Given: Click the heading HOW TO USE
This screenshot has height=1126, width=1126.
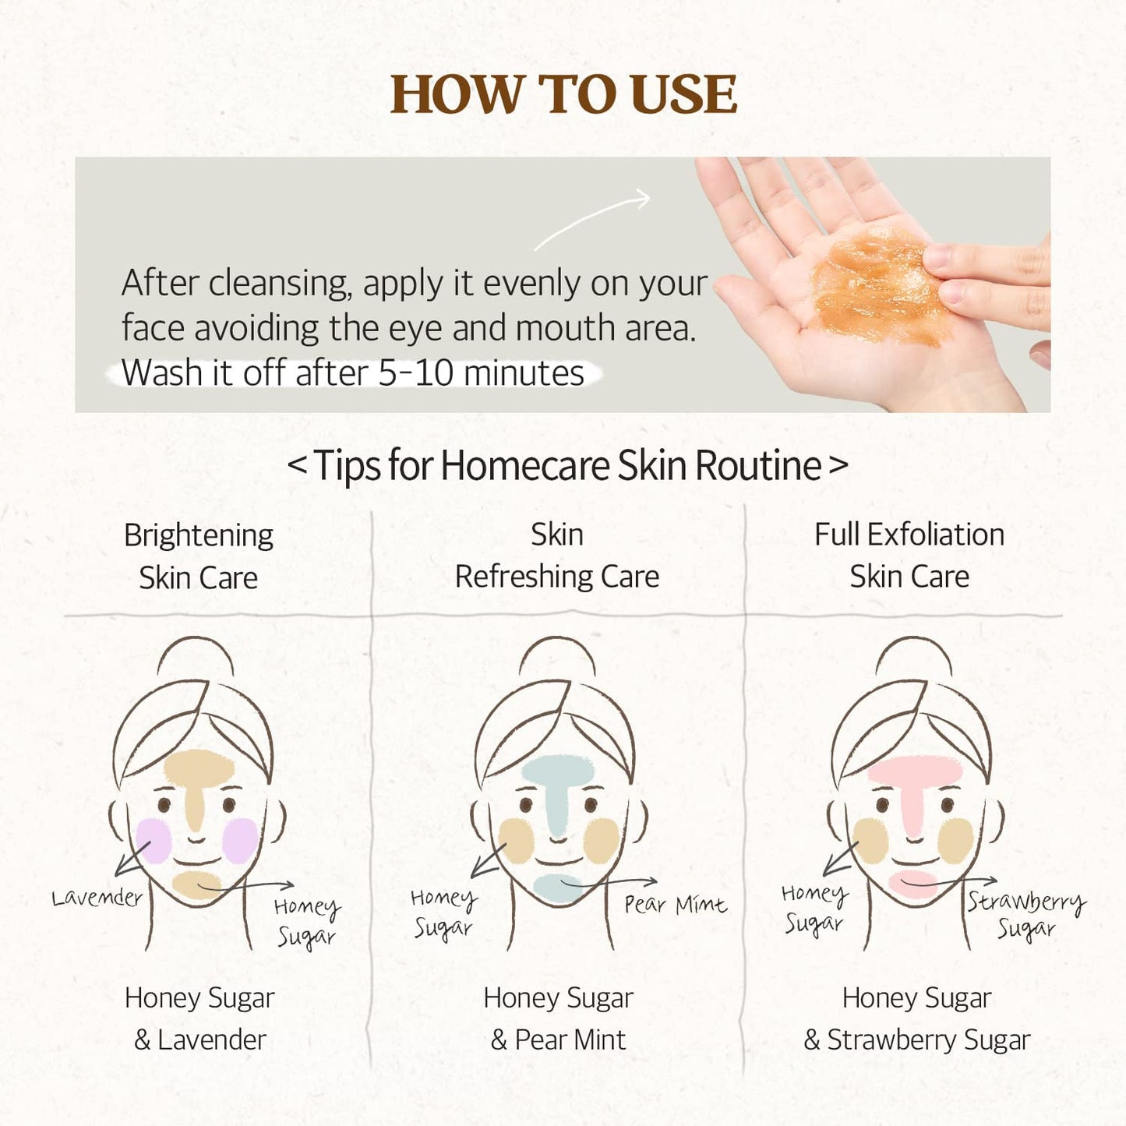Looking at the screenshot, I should [x=563, y=95].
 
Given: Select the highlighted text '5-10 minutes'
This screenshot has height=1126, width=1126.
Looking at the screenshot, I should [x=481, y=373].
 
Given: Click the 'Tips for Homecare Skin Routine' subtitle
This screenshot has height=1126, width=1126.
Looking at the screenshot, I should [x=567, y=466].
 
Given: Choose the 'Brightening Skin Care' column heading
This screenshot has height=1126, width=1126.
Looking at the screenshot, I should [x=198, y=556].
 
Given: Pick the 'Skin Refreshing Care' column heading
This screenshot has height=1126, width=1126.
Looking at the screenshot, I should [x=556, y=556].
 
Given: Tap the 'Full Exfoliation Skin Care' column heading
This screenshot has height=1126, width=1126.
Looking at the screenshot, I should [x=909, y=556].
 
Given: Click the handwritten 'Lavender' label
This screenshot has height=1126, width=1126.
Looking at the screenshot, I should [x=97, y=898].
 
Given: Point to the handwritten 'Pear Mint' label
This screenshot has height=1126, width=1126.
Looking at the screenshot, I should [x=675, y=905].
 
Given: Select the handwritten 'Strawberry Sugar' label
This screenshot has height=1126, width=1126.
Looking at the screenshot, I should [x=1025, y=913].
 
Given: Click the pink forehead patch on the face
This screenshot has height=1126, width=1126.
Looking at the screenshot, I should [x=915, y=772].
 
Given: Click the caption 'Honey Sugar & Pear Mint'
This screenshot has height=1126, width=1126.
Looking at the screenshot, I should [x=558, y=1018].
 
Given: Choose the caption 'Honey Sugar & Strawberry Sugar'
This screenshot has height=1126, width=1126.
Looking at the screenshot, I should [x=916, y=1018].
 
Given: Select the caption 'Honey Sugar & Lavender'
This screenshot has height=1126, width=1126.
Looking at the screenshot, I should [x=199, y=1018].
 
